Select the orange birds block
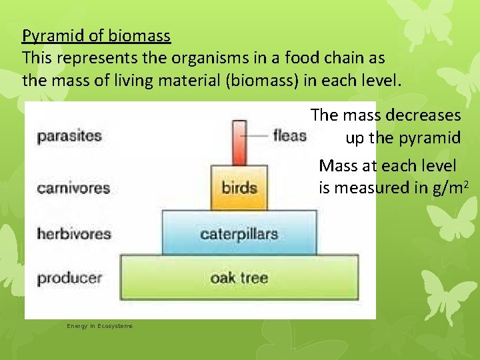click(239, 187)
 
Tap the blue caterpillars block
click(239, 233)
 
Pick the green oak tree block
click(239, 277)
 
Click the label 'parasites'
click(69, 136)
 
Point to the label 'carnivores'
click(73, 187)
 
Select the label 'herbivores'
click(73, 234)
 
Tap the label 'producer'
click(69, 277)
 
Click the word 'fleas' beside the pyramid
click(289, 135)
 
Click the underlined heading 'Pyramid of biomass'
click(96, 35)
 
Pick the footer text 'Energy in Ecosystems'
click(99, 325)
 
